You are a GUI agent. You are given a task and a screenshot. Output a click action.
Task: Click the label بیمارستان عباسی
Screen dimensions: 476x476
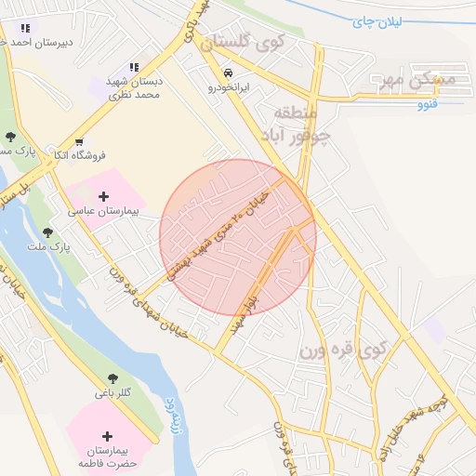click(x=102, y=212)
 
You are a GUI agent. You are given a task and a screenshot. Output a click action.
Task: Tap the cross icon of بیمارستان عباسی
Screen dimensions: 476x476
click(x=103, y=196)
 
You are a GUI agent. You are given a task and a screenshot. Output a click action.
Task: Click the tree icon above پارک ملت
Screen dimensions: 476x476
click(x=47, y=231)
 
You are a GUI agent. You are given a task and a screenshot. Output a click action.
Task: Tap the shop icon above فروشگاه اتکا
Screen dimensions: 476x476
click(x=90, y=140)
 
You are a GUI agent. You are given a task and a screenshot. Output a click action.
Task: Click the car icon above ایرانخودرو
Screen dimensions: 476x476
click(x=227, y=73)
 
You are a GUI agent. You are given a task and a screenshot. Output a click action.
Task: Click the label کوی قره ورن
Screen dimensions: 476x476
click(x=342, y=350)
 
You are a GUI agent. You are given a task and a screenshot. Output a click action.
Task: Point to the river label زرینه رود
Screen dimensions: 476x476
click(x=174, y=415)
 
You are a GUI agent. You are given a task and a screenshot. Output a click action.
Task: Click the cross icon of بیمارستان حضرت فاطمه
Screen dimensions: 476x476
click(x=108, y=436)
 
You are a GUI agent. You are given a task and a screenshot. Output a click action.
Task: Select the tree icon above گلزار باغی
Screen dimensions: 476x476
click(x=113, y=378)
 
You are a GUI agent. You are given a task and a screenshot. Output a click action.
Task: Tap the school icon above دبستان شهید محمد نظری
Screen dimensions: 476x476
click(x=134, y=67)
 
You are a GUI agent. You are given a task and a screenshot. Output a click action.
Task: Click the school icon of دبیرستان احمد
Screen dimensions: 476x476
click(x=23, y=29)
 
